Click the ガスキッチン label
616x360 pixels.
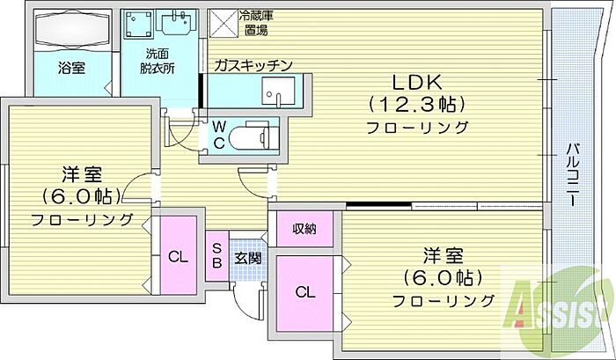[253, 65]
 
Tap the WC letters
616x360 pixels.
[217, 137]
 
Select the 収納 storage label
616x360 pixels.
[305, 229]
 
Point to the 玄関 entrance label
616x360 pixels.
[246, 259]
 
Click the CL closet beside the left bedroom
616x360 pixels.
[178, 258]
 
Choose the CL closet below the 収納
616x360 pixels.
[304, 292]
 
